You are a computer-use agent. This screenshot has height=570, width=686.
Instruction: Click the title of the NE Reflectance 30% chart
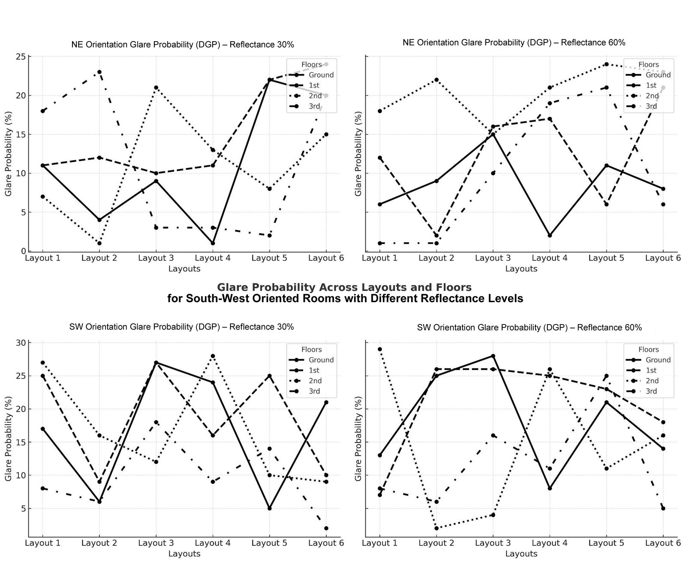tap(183, 45)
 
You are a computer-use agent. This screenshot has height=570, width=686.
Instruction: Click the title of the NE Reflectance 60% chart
tap(514, 42)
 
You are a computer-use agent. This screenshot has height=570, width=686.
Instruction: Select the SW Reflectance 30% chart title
tap(181, 327)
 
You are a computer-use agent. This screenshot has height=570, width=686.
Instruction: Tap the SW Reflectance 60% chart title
tap(529, 327)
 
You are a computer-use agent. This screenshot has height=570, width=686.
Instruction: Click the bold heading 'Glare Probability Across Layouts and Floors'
tap(344, 287)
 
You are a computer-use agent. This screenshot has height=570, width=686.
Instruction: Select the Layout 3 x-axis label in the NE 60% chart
tap(493, 258)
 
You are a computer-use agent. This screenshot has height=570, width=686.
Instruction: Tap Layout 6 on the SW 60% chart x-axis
tap(663, 543)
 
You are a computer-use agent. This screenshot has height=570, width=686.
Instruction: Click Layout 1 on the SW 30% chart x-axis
tap(42, 543)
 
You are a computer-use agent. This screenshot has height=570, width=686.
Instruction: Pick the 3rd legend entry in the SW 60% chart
tap(651, 391)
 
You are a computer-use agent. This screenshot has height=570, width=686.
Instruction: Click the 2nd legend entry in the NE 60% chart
tap(652, 96)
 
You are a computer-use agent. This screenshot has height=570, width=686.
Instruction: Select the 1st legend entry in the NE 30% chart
tap(314, 85)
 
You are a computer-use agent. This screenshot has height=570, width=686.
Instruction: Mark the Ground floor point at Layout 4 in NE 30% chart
tap(213, 243)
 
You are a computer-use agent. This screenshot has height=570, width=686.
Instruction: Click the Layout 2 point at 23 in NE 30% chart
tap(99, 72)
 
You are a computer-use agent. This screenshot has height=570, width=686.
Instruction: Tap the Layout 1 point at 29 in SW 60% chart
tap(379, 349)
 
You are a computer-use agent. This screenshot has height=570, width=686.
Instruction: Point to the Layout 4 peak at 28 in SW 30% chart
tap(213, 356)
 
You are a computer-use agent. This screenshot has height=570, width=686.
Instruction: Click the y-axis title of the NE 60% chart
tap(358, 154)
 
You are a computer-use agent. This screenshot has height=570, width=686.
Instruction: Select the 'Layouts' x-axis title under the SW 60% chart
tap(521, 554)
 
